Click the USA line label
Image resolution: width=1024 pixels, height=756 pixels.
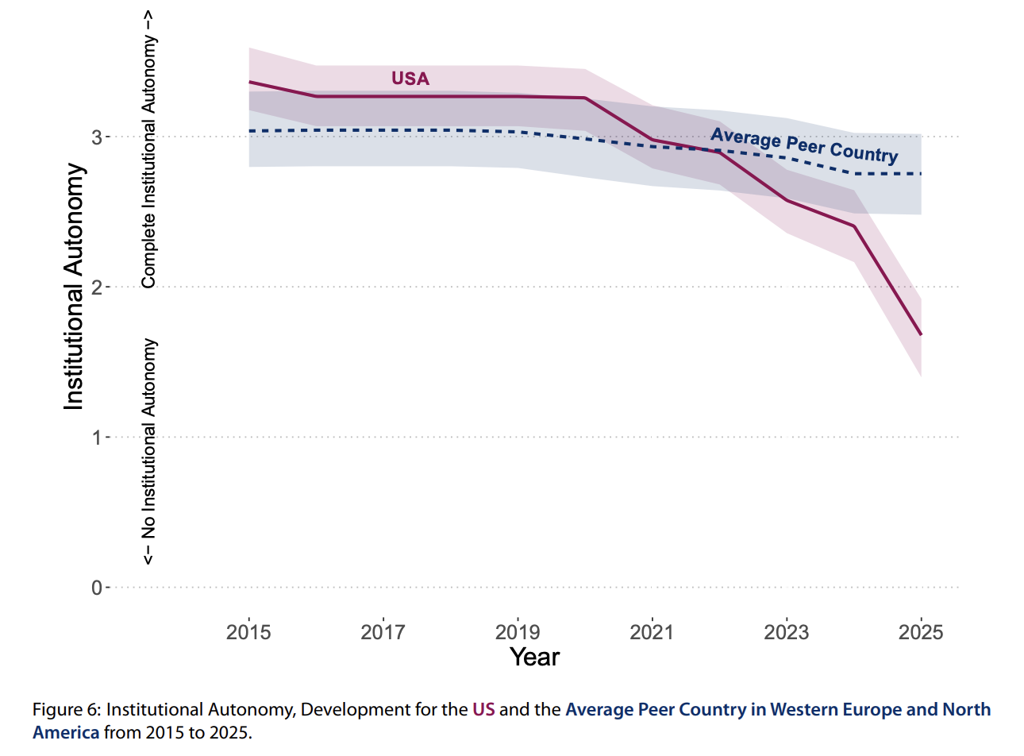[410, 79]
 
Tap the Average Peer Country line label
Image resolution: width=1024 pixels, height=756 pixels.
[804, 145]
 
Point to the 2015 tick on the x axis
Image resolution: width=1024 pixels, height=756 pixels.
[248, 632]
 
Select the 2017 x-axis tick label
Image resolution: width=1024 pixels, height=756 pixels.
[383, 632]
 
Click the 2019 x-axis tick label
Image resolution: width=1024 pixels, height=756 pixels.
[518, 632]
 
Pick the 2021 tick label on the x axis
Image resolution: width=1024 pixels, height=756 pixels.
[652, 632]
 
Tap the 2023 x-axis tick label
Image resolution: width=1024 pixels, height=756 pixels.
[786, 632]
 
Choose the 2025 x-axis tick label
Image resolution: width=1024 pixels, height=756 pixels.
[921, 632]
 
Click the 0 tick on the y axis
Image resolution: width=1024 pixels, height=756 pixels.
[97, 588]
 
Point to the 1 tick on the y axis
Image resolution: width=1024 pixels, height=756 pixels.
[97, 438]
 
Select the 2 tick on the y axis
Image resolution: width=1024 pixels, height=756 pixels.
[97, 287]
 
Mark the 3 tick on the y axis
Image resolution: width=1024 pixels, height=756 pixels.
[97, 137]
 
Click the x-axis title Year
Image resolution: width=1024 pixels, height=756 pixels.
[534, 658]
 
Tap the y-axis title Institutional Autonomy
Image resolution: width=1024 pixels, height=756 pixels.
[74, 287]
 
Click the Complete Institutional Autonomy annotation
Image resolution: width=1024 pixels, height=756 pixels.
[149, 150]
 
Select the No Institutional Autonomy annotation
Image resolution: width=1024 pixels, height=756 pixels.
[149, 451]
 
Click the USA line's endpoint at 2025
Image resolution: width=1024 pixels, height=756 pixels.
[921, 334]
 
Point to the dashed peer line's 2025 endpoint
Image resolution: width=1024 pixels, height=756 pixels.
[921, 173]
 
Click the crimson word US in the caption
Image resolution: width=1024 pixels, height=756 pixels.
[483, 710]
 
